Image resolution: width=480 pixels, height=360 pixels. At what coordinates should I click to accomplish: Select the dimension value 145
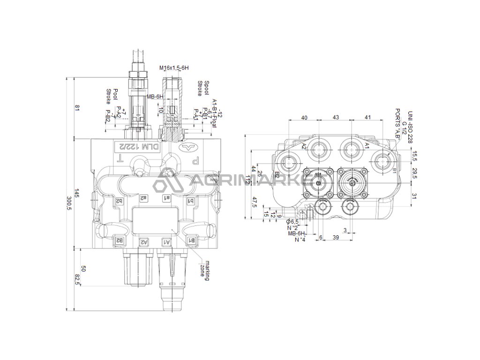tap(78, 195)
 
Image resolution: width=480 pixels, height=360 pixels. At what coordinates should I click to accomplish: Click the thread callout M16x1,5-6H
tap(174, 68)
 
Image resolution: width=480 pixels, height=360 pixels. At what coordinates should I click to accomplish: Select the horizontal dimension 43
tap(336, 117)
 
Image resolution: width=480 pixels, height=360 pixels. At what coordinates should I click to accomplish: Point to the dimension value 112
tap(248, 180)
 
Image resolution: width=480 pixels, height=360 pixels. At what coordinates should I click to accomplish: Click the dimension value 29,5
tap(413, 170)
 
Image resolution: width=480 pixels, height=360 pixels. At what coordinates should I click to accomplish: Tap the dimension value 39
tap(336, 238)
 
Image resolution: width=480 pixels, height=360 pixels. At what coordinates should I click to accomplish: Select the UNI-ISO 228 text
tap(410, 127)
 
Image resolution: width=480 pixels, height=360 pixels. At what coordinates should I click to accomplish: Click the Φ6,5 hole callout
tap(292, 221)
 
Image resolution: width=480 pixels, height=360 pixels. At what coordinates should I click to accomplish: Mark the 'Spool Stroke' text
tap(203, 88)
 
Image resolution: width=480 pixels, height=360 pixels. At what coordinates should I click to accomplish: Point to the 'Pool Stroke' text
tap(112, 96)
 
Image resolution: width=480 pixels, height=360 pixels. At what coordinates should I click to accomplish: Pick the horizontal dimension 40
tap(305, 117)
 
